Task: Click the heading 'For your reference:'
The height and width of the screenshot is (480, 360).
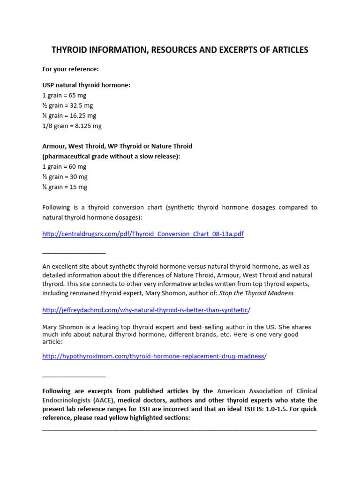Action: click(70, 69)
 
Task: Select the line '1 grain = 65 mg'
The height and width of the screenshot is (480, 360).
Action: click(64, 95)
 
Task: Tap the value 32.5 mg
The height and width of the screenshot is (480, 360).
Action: click(82, 105)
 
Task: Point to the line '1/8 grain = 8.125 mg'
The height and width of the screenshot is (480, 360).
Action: click(72, 126)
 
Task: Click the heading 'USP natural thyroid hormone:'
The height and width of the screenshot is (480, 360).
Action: click(86, 85)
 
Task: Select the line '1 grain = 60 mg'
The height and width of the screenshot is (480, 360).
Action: click(64, 166)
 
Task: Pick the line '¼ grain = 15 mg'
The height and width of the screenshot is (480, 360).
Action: click(65, 187)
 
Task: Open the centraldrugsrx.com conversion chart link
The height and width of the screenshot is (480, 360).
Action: click(143, 234)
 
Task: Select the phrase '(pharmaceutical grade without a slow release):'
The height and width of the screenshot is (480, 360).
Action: click(111, 157)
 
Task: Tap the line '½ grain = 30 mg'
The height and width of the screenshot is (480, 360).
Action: click(65, 177)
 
